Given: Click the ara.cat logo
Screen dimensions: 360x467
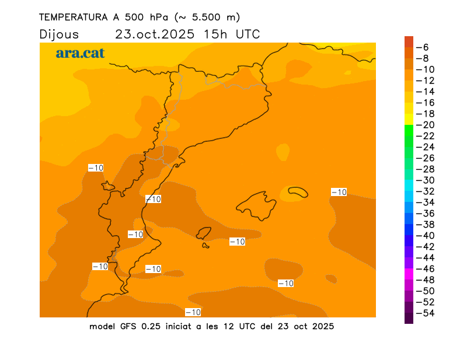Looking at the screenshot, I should click(x=80, y=53).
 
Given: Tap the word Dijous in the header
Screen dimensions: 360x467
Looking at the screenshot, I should click(x=59, y=34).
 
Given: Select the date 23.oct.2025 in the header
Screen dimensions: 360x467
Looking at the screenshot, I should click(x=154, y=34).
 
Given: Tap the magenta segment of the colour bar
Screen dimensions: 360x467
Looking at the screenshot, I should click(x=409, y=274).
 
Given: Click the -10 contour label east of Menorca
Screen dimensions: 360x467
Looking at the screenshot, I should click(x=339, y=192).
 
